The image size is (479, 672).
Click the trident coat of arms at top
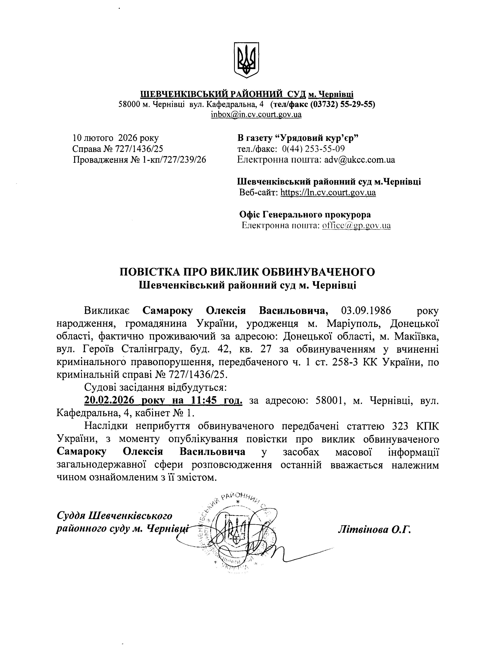pyautogui.click(x=246, y=60)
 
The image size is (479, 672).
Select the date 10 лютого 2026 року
pyautogui.click(x=116, y=138)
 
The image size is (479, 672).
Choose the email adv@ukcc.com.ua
pyautogui.click(x=359, y=160)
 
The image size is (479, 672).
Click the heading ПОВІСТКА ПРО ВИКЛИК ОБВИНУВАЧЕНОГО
pyautogui.click(x=247, y=272)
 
